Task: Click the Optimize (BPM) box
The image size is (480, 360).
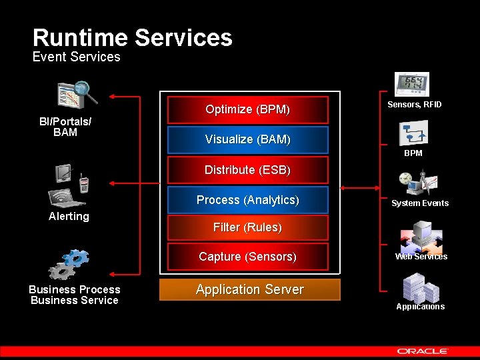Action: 247,109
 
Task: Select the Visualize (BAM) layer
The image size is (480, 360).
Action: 247,139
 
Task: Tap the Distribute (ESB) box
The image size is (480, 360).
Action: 247,170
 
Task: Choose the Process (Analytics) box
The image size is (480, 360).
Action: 247,200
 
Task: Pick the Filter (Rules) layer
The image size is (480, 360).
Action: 247,227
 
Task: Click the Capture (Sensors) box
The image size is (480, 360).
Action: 247,257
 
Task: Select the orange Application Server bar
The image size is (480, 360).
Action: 249,289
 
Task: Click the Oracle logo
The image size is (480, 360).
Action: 423,351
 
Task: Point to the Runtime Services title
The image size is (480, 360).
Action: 132,37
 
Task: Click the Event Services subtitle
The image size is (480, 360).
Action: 76,57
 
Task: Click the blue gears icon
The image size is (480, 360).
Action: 68,264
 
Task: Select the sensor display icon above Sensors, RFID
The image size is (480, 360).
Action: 413,85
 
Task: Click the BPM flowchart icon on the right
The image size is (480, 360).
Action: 413,133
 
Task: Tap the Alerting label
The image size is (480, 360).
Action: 69,216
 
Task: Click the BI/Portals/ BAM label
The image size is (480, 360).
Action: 65,127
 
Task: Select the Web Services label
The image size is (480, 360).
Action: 421,257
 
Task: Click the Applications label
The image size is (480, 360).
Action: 420,307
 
